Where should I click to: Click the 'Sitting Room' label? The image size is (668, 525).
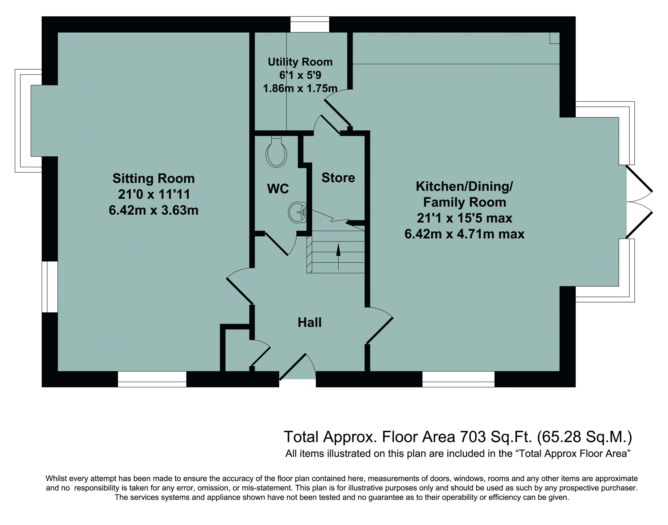153,178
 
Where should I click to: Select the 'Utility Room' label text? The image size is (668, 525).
300,62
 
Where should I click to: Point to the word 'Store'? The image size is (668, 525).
338,178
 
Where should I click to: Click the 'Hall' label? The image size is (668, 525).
310,322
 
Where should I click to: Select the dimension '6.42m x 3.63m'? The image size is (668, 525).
153,210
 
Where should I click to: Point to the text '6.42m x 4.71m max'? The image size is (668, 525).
464,234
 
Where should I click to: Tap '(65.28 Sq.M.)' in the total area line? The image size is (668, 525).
584,437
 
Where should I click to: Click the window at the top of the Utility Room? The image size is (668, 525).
310,24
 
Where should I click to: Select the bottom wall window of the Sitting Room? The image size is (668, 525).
152,379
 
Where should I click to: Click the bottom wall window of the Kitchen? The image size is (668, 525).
458,379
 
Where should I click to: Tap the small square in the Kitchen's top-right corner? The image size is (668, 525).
555,38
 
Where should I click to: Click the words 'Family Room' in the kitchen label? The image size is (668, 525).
464,202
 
